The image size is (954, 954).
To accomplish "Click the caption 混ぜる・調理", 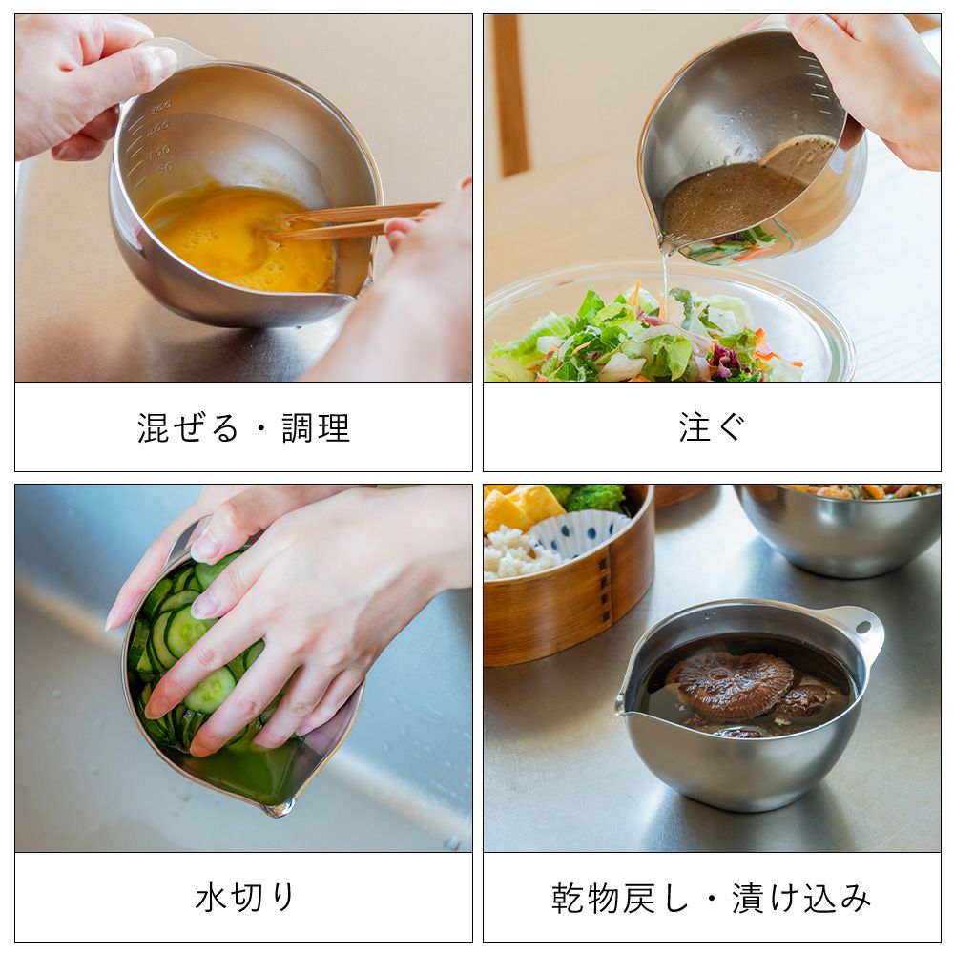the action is pyautogui.click(x=243, y=427).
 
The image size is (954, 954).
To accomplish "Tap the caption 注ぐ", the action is pyautogui.click(x=712, y=426).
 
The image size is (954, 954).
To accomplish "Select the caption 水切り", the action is pyautogui.click(x=244, y=898).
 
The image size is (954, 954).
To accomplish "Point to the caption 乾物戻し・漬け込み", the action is pyautogui.click(x=712, y=898).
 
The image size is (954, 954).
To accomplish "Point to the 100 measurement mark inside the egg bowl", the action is pyautogui.click(x=159, y=151).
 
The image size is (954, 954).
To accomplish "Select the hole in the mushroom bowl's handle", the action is pyautogui.click(x=862, y=627).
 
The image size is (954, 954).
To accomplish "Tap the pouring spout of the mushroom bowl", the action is pyautogui.click(x=623, y=705).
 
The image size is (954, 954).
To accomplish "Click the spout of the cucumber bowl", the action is pyautogui.click(x=278, y=808).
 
